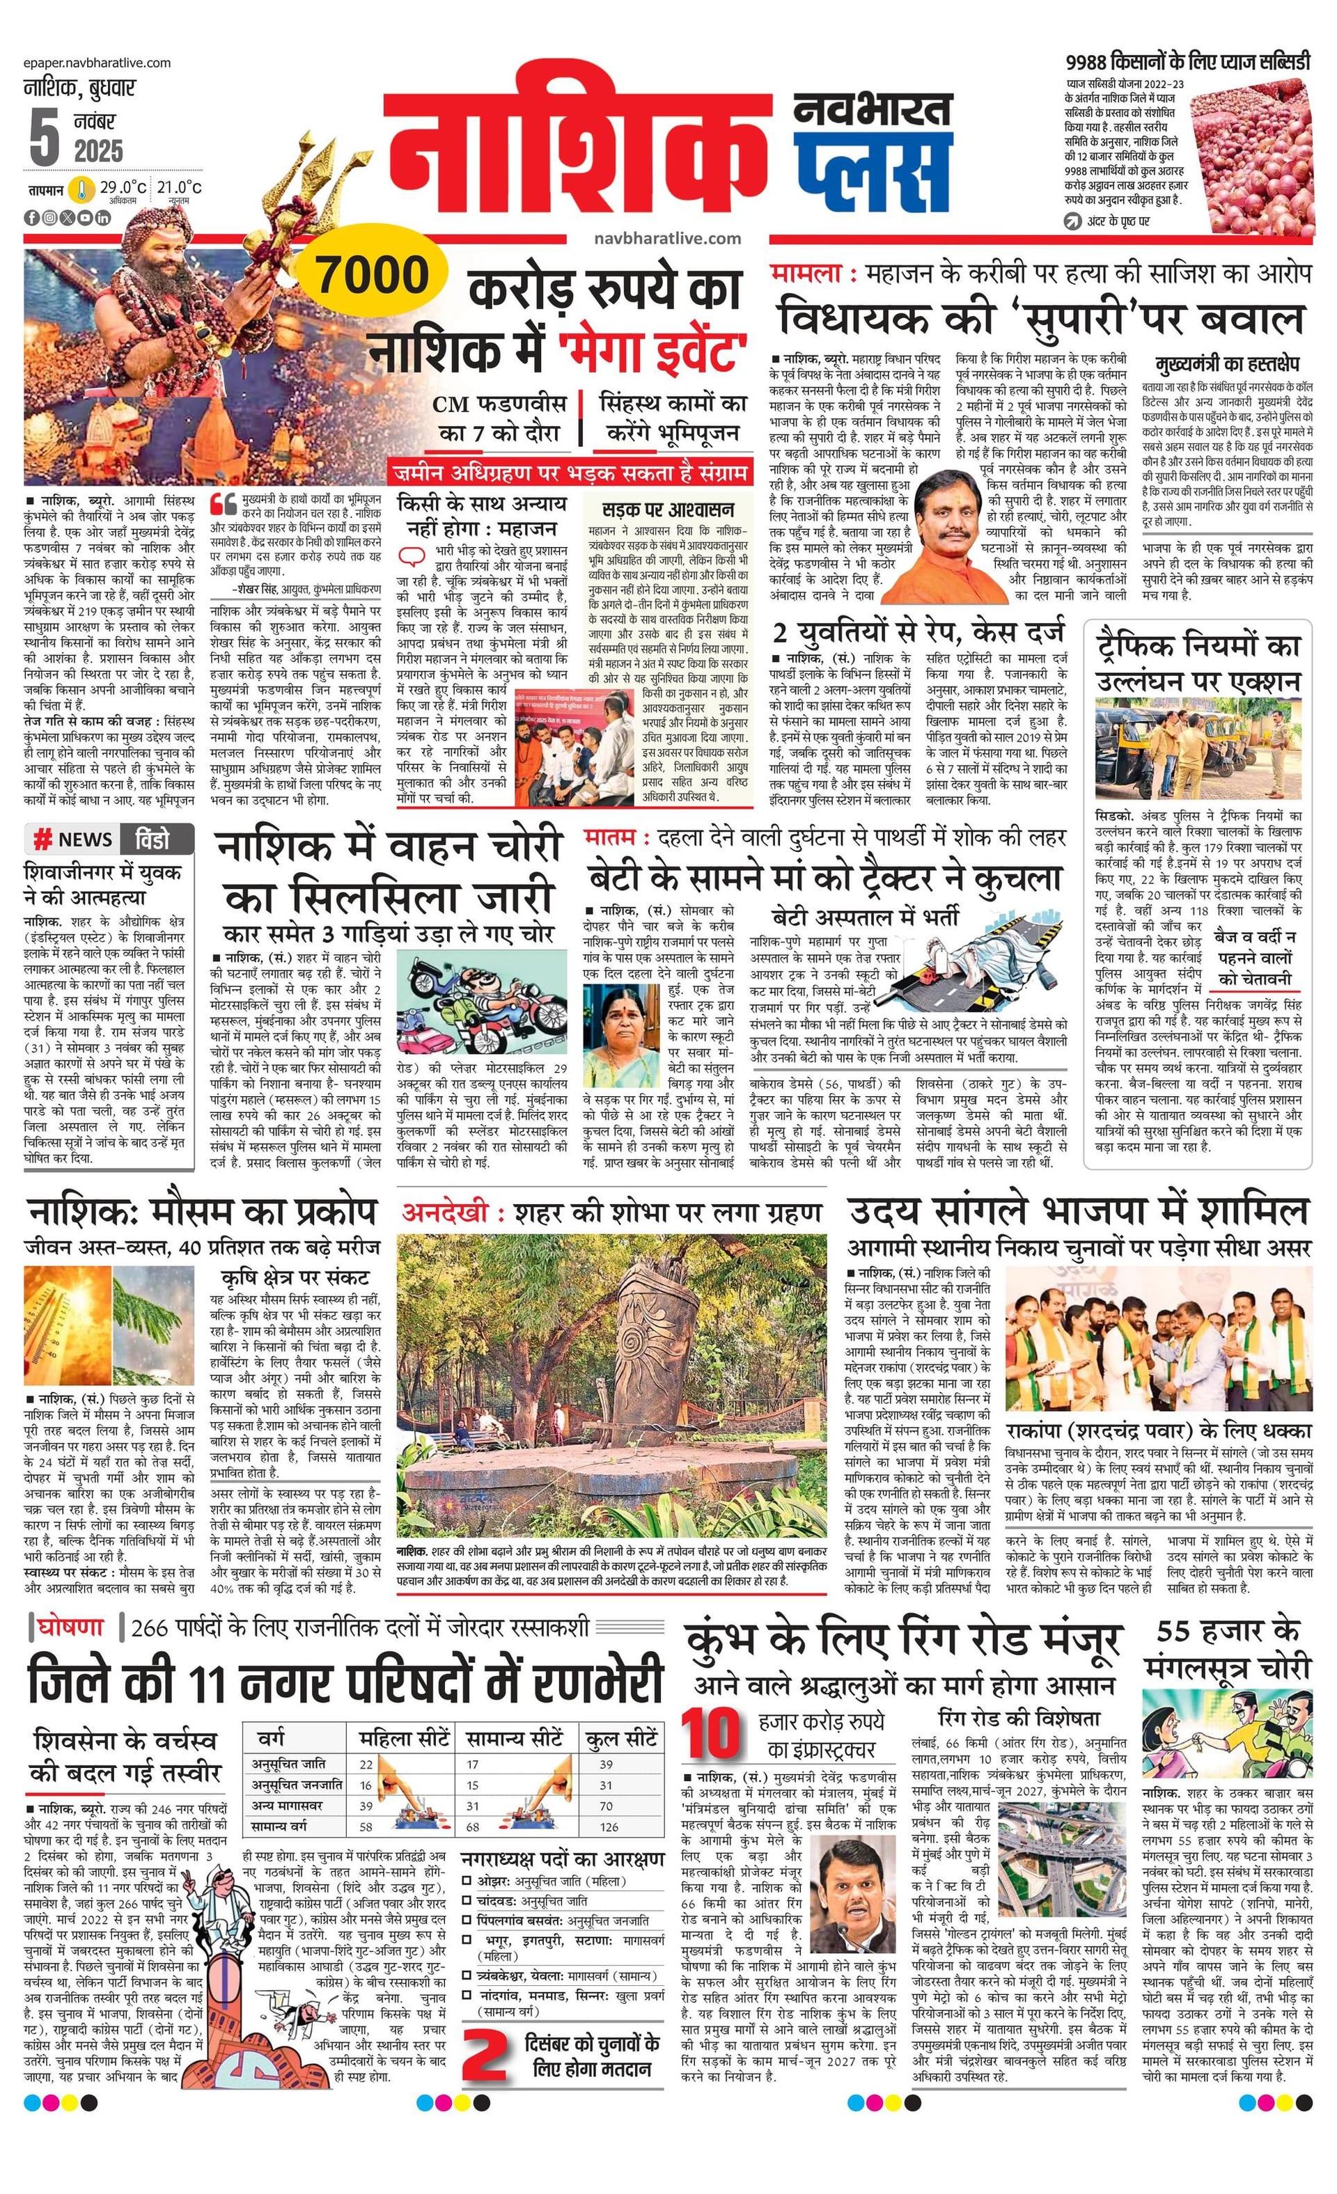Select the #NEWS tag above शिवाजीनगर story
pyautogui.click(x=73, y=839)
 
